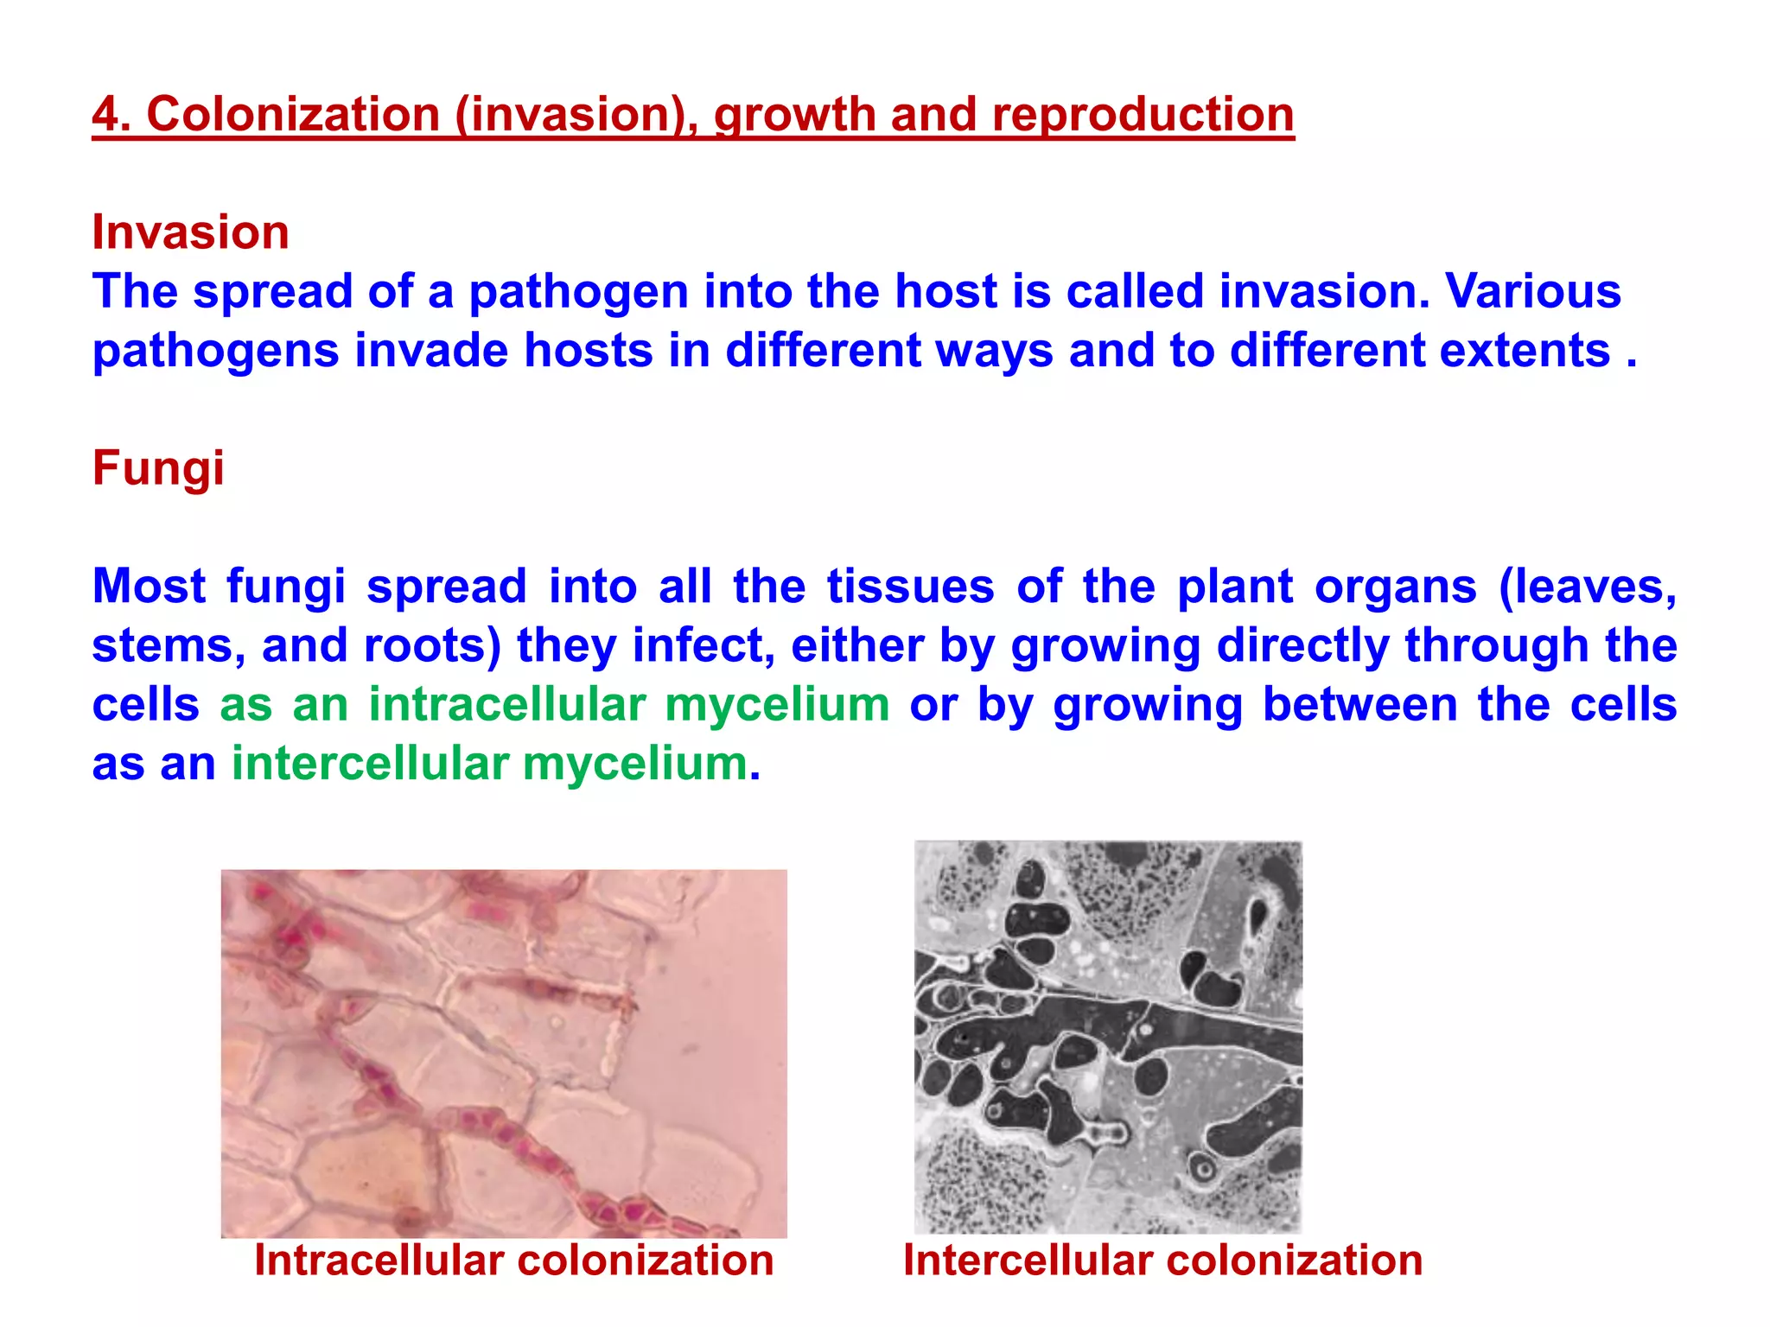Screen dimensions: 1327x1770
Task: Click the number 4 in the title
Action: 105,115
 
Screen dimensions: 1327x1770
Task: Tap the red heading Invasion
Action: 190,232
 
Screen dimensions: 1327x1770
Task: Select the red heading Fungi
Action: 158,468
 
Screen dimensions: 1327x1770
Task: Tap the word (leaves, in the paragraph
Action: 1588,587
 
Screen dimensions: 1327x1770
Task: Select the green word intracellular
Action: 507,704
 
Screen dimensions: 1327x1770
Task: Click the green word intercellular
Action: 370,764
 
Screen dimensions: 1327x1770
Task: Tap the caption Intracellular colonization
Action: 513,1260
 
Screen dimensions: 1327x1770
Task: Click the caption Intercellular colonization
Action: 1162,1260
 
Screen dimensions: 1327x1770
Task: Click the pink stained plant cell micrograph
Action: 504,1053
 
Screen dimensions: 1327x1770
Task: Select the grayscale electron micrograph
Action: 1108,1037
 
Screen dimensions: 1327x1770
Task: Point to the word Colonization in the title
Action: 293,115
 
